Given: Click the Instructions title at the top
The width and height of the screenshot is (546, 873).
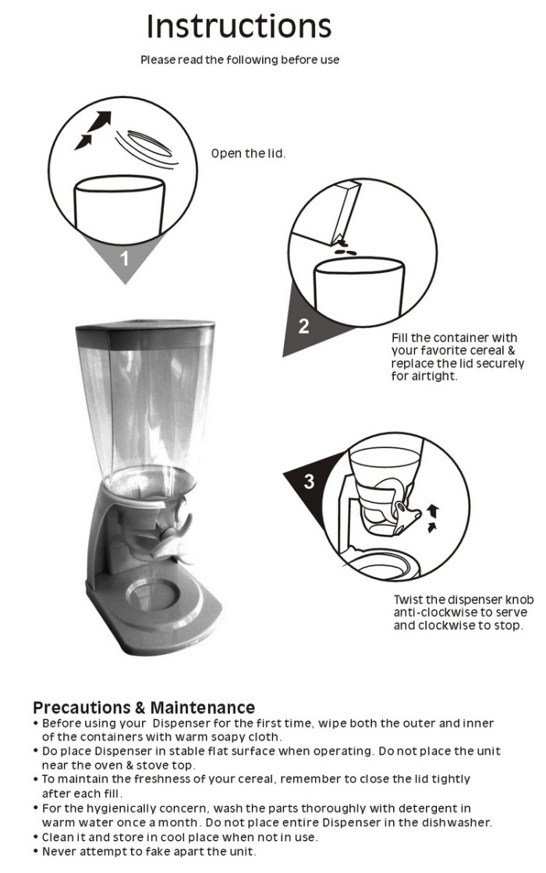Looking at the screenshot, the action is [239, 26].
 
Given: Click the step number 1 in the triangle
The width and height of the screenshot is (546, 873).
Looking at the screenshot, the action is [125, 258].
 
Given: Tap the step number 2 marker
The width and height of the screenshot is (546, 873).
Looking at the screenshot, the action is [303, 326].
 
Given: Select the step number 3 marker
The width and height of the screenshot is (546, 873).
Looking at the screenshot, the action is [309, 481].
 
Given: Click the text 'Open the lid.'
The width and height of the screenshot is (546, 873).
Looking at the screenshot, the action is [249, 154].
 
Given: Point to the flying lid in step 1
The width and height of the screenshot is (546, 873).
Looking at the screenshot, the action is [147, 146].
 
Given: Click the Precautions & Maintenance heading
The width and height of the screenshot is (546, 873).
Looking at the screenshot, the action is [144, 708].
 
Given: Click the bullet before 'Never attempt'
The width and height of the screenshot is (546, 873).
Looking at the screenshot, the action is [36, 851].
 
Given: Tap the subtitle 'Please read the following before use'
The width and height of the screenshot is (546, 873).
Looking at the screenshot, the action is [239, 59].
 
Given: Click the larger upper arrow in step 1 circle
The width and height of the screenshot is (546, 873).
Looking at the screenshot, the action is [100, 121].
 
